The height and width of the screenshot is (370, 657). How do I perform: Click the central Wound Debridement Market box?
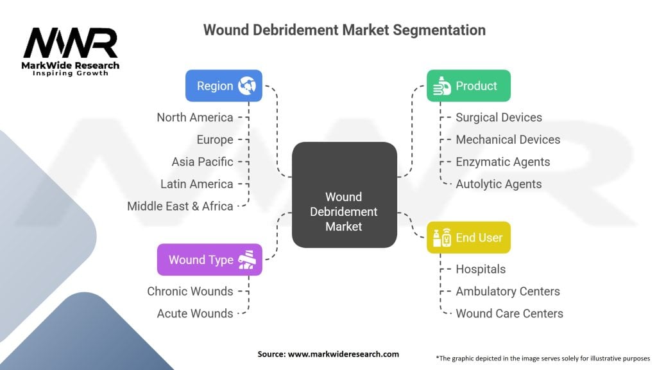click(344, 195)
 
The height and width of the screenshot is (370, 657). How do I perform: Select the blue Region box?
click(223, 85)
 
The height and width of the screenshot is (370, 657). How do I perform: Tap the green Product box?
click(468, 85)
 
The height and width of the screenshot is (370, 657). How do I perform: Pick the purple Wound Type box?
click(209, 260)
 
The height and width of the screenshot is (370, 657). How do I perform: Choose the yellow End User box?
click(468, 237)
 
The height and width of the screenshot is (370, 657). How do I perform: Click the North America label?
click(195, 117)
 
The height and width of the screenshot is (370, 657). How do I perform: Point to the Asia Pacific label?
click(202, 162)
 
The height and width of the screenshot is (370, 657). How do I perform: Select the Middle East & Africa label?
click(180, 206)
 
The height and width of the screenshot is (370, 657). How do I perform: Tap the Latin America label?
click(197, 184)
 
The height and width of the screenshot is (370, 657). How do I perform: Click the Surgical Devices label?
click(499, 117)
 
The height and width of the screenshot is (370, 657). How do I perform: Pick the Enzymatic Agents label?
click(502, 162)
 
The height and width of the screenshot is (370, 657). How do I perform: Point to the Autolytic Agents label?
click(499, 184)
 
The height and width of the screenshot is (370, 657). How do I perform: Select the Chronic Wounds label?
click(190, 291)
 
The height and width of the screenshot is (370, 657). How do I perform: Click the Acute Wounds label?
click(195, 313)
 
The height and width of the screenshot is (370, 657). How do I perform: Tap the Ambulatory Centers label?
click(508, 291)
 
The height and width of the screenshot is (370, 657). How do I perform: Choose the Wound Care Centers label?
click(509, 313)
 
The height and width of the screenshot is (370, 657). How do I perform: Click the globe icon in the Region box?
click(247, 85)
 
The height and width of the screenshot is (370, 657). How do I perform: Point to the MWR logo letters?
click(71, 44)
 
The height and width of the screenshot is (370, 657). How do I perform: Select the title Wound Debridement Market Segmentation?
click(344, 30)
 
